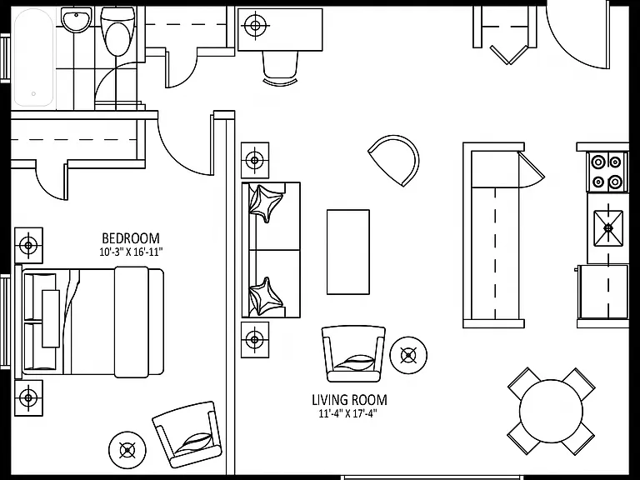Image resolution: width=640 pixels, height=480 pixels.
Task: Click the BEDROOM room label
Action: click(x=131, y=238)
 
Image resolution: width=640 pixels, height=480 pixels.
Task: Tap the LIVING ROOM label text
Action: click(x=349, y=400)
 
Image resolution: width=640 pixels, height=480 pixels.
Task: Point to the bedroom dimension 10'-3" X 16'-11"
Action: click(x=131, y=252)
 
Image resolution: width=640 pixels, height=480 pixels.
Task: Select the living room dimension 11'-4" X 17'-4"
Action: click(x=347, y=414)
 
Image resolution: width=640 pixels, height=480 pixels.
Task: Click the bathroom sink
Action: click(x=76, y=20)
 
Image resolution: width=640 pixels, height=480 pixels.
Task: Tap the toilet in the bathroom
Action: click(x=117, y=31)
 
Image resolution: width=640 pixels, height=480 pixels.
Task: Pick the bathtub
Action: click(x=33, y=58)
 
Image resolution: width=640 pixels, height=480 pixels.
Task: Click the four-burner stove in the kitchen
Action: click(x=607, y=172)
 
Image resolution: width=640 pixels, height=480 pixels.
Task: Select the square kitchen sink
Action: click(x=608, y=227)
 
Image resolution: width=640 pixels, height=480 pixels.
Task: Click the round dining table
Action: click(x=551, y=411)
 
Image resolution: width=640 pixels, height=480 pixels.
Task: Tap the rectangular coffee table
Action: click(x=348, y=252)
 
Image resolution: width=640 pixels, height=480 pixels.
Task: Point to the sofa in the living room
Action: click(x=271, y=250)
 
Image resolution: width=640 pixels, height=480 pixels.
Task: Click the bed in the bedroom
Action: click(x=90, y=321)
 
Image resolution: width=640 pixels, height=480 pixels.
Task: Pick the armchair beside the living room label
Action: click(x=353, y=353)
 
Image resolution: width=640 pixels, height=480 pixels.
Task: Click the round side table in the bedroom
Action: click(x=127, y=450)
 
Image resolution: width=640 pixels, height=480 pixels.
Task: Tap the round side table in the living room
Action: click(x=408, y=355)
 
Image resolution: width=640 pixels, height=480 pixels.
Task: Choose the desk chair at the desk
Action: click(x=280, y=67)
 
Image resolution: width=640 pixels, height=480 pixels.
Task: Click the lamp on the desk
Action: click(x=256, y=26)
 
